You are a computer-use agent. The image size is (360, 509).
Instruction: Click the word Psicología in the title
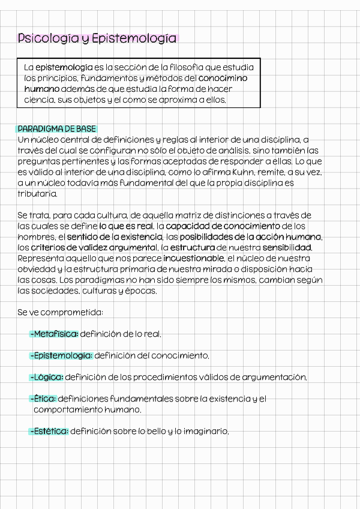[47, 40]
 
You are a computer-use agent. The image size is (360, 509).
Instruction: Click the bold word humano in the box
[41, 89]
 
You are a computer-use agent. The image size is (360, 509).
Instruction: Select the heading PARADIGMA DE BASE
[57, 129]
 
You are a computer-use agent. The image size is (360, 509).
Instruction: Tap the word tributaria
[38, 194]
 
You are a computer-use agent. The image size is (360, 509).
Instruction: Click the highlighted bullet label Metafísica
[56, 334]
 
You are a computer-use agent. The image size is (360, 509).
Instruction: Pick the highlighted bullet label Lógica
[48, 377]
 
